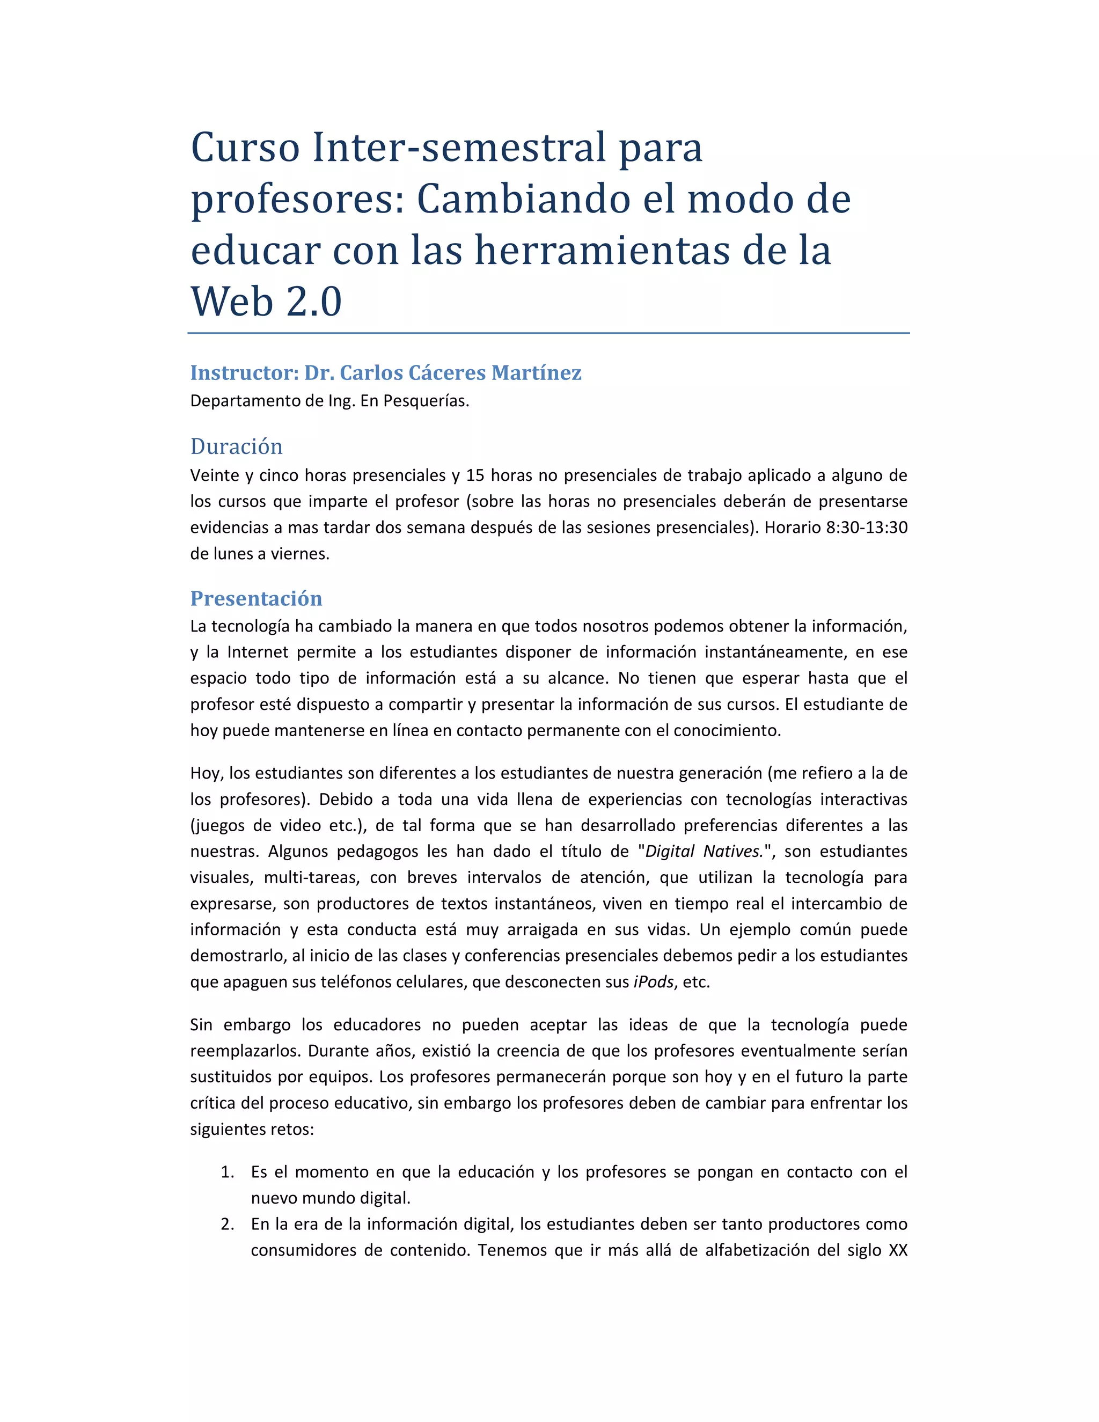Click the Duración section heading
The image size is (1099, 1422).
(236, 446)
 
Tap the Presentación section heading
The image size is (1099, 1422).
(256, 598)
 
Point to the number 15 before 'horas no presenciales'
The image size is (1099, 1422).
(475, 475)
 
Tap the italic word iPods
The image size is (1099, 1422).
(653, 982)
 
